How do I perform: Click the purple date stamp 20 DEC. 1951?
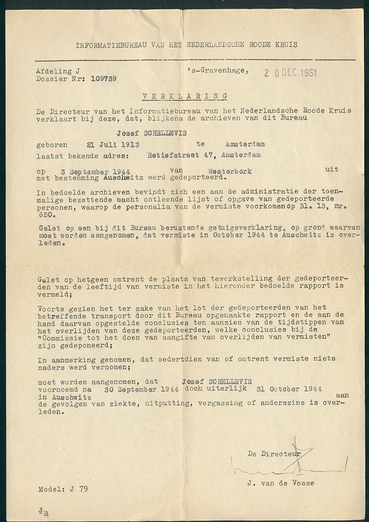point(290,73)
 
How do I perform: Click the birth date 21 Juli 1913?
point(112,145)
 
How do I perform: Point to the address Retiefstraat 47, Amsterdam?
point(197,155)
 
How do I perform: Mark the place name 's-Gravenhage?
point(217,70)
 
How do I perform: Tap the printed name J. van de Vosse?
point(279,483)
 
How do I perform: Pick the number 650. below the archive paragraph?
point(46,214)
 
